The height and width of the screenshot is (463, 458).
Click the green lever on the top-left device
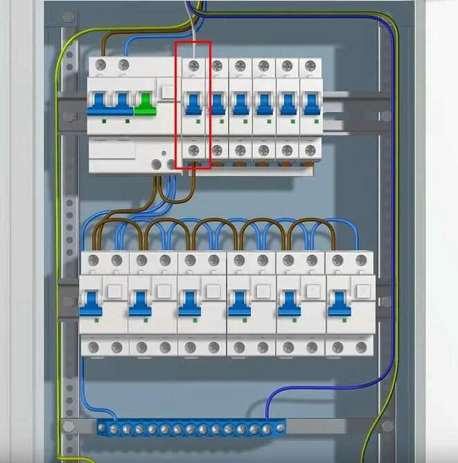(145, 103)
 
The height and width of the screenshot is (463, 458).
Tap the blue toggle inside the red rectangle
(193, 103)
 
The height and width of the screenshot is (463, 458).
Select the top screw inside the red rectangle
(193, 66)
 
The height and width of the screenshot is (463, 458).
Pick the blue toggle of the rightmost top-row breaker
(310, 103)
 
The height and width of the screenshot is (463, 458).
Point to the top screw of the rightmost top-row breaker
(310, 66)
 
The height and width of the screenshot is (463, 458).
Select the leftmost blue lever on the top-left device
(96, 103)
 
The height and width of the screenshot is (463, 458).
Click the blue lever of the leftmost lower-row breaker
(90, 303)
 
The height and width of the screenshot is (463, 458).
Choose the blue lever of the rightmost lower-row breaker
(338, 303)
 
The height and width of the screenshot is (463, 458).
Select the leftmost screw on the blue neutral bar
(103, 429)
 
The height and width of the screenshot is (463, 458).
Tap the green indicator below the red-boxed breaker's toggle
(198, 121)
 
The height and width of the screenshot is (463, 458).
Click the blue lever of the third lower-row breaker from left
(189, 303)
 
